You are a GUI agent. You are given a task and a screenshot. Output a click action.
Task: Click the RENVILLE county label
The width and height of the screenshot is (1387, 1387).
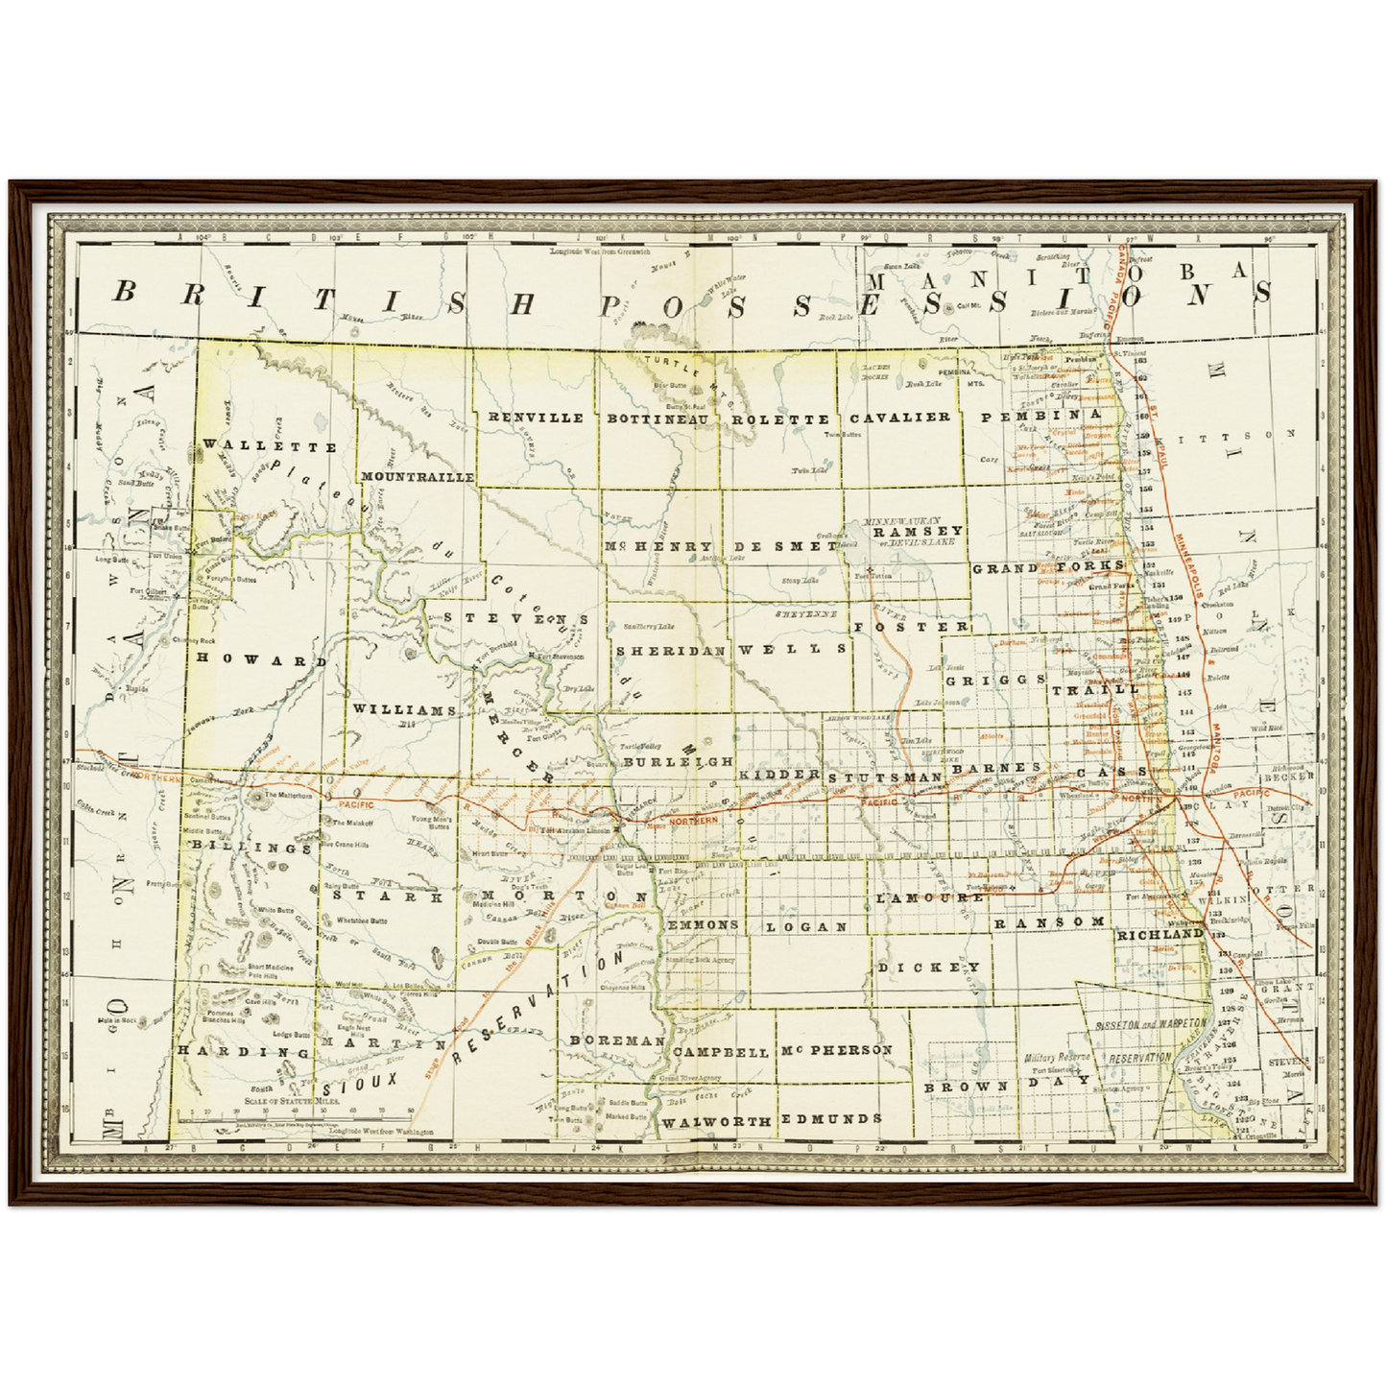click(536, 418)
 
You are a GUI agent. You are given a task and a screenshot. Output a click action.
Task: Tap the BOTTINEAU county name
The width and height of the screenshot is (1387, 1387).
click(658, 418)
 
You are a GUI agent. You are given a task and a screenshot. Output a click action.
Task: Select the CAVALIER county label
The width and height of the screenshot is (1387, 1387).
click(900, 418)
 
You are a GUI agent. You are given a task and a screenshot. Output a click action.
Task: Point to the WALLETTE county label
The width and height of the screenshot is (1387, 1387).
click(270, 446)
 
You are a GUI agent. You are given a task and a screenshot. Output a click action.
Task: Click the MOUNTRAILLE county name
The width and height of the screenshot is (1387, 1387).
click(418, 476)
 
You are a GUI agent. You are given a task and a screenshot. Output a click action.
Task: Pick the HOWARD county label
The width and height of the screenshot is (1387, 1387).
click(261, 660)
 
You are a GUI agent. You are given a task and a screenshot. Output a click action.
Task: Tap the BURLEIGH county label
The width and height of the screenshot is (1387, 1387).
click(678, 761)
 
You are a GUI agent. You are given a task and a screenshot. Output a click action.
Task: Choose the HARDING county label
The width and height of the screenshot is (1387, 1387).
click(244, 1052)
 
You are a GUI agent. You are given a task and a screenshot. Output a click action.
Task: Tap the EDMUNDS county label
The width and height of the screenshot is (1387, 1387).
click(831, 1118)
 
